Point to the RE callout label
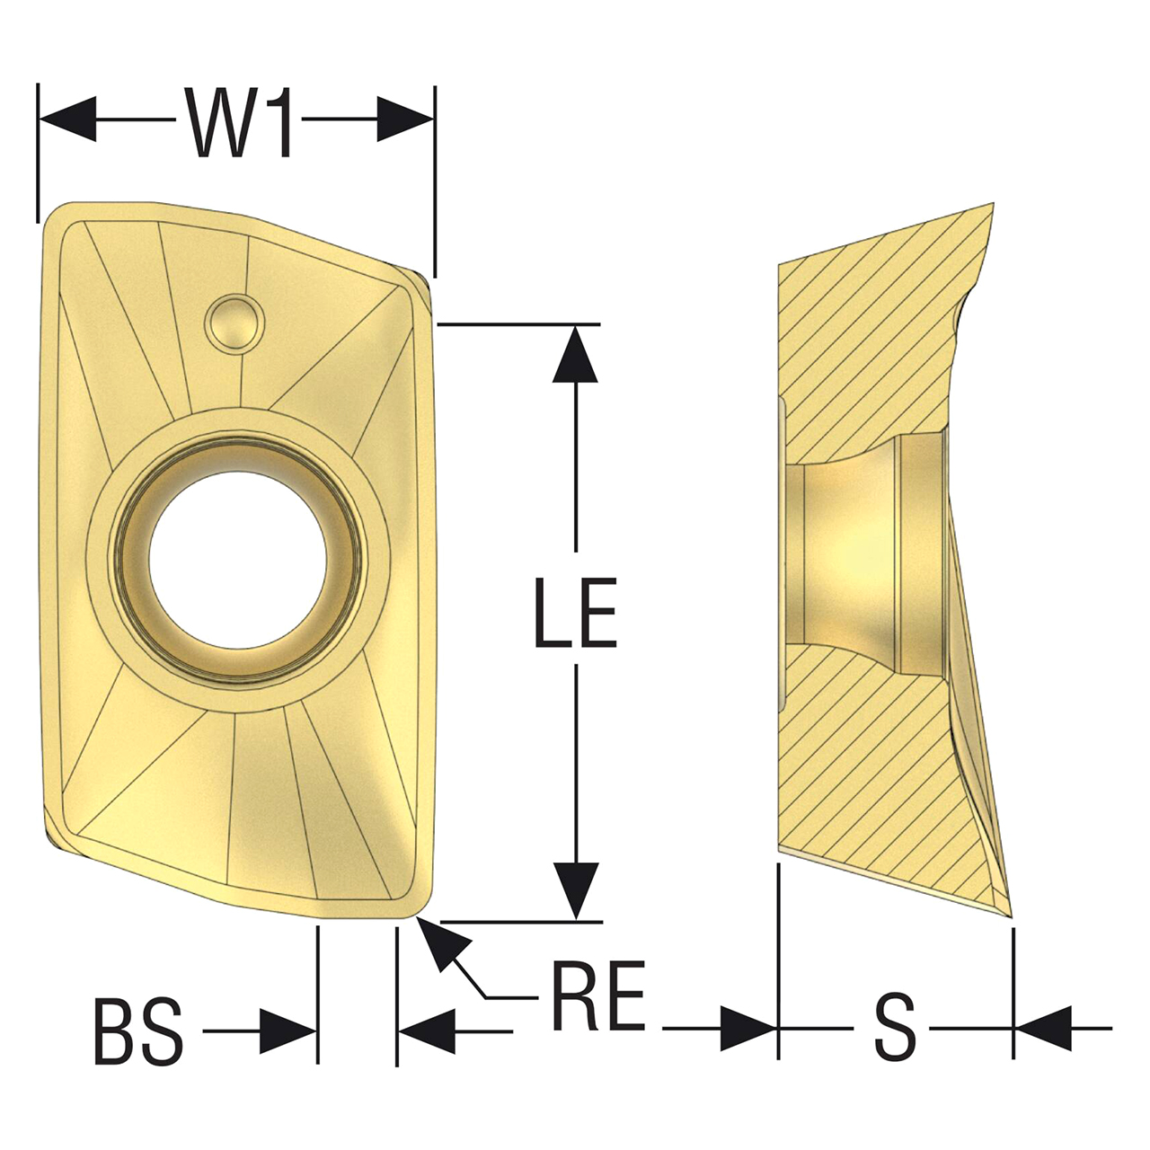(x=597, y=997)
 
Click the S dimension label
(x=895, y=1027)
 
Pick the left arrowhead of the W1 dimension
(x=68, y=119)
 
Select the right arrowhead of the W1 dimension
(x=405, y=119)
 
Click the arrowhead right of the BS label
(x=287, y=1031)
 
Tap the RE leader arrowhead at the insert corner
(x=440, y=943)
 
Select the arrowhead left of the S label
(x=747, y=1028)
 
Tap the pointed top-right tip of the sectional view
(x=995, y=203)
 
